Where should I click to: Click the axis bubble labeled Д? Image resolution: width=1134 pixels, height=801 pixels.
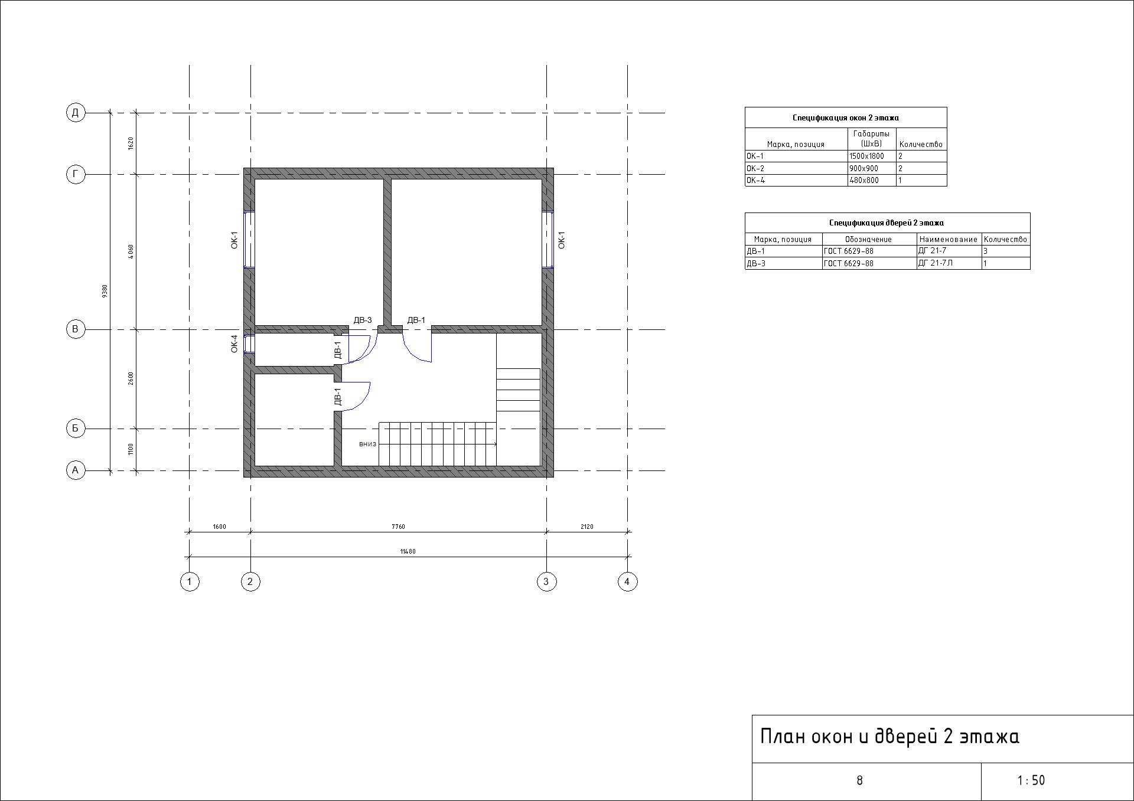click(x=76, y=112)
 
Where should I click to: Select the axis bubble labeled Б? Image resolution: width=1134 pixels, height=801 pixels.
click(x=76, y=429)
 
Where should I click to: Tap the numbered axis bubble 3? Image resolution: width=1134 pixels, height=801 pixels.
click(x=546, y=581)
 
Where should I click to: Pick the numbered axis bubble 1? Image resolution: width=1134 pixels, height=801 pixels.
click(x=189, y=581)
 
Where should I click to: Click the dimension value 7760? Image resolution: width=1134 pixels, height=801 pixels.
click(x=398, y=527)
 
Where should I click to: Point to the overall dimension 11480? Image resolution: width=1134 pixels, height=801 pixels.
click(x=408, y=551)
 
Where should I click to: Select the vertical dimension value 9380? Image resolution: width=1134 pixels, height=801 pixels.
click(x=105, y=291)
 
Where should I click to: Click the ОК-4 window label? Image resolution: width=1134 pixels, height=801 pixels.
click(x=234, y=344)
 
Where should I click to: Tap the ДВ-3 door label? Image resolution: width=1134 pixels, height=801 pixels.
click(x=362, y=320)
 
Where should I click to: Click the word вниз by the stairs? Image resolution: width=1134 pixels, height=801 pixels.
click(x=367, y=444)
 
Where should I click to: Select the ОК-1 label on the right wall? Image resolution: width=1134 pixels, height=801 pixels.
click(x=562, y=240)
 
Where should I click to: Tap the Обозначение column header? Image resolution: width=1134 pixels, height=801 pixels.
click(x=868, y=239)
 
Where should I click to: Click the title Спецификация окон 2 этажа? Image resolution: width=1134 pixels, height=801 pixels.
click(x=845, y=117)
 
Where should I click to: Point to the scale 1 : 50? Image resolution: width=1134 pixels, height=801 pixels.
click(x=1031, y=780)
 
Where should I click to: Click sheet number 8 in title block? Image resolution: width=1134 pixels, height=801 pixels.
click(x=859, y=780)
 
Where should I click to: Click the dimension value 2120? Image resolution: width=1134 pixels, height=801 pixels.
click(x=586, y=527)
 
